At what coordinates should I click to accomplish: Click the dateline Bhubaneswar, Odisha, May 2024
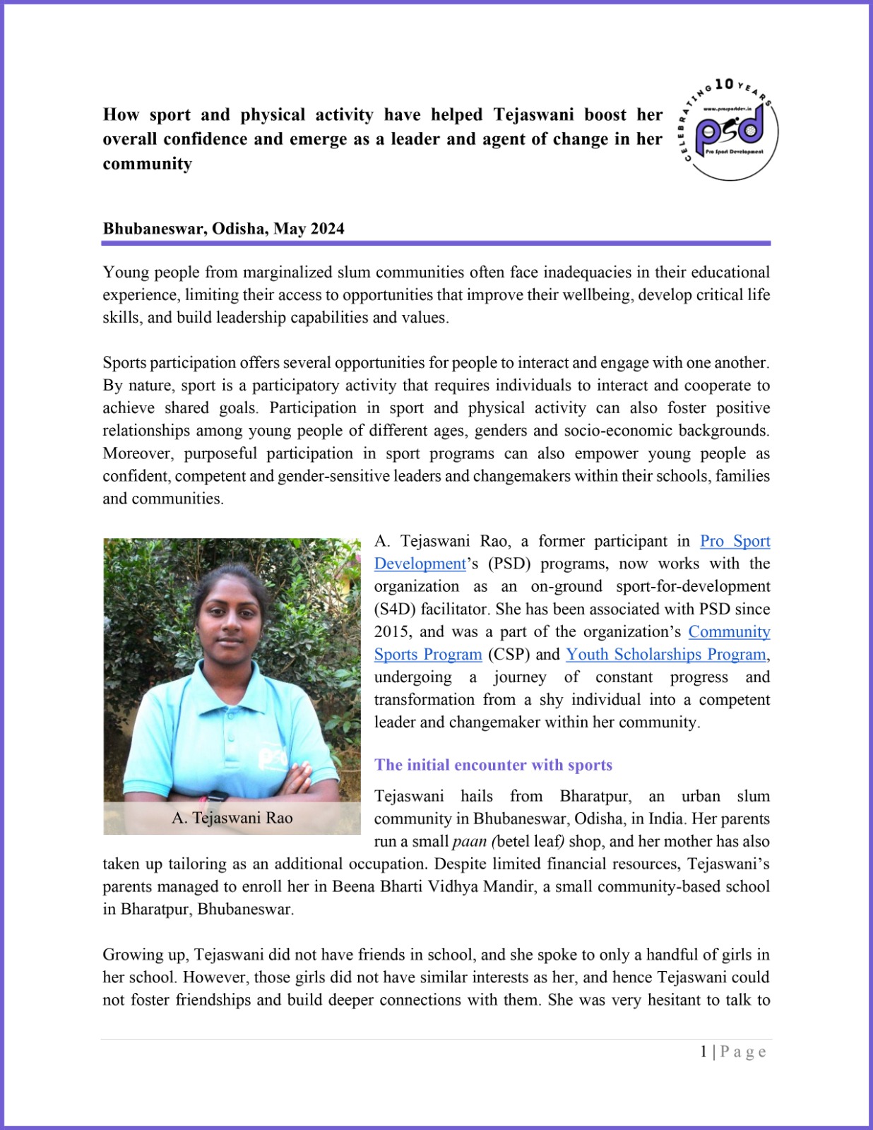pyautogui.click(x=223, y=229)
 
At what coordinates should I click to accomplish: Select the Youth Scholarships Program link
pyautogui.click(x=666, y=655)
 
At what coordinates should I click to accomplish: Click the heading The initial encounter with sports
pyautogui.click(x=493, y=765)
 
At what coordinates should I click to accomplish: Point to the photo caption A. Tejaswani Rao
pyautogui.click(x=232, y=818)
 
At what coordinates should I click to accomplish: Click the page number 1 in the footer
pyautogui.click(x=703, y=1052)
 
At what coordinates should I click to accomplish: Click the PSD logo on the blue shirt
pyautogui.click(x=273, y=759)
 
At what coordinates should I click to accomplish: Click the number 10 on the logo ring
pyautogui.click(x=724, y=84)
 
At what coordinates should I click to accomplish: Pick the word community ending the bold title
pyautogui.click(x=147, y=164)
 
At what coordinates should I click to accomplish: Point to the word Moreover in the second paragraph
pyautogui.click(x=138, y=453)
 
